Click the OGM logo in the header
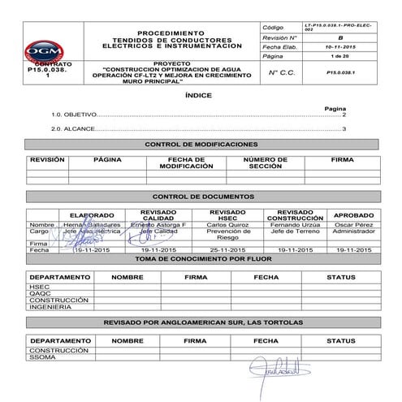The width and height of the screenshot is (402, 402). point(48,50)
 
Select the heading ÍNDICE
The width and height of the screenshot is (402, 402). point(201,95)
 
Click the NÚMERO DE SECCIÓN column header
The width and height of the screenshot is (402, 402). point(265,162)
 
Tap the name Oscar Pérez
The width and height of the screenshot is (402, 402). point(354,224)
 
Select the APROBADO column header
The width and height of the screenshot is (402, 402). point(354,215)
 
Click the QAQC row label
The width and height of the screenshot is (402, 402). point(39,293)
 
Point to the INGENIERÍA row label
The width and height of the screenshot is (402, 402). point(47,307)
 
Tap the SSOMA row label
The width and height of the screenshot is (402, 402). point(41,357)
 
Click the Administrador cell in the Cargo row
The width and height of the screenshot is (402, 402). point(354,231)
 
